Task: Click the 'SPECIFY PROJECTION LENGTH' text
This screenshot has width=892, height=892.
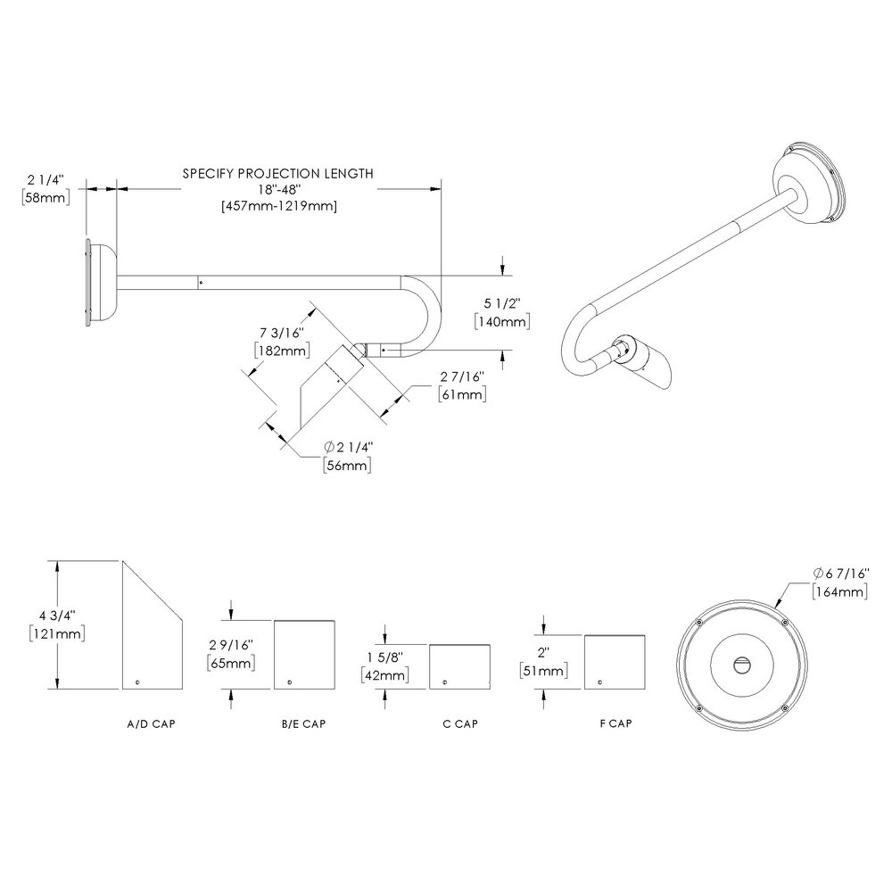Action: click(x=277, y=174)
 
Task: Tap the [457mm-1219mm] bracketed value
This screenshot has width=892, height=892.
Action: click(x=277, y=206)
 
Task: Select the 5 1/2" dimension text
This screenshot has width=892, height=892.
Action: click(x=504, y=304)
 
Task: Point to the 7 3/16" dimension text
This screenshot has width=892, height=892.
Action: click(x=278, y=334)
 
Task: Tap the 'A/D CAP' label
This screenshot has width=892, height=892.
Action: click(x=151, y=724)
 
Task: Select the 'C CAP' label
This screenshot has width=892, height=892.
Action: click(x=460, y=724)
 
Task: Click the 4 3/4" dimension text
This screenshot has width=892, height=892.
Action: click(x=58, y=615)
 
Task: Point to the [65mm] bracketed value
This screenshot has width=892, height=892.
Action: click(x=232, y=664)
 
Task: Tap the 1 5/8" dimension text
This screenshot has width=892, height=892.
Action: click(x=385, y=657)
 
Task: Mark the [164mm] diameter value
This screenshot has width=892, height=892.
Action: click(x=839, y=591)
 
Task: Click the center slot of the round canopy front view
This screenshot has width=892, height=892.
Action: click(x=742, y=664)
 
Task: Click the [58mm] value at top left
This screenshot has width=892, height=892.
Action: click(x=45, y=197)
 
